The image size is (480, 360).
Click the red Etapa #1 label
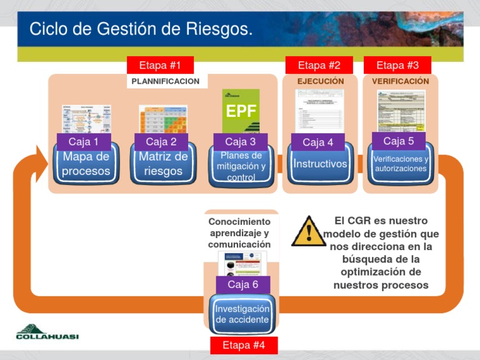(160, 65)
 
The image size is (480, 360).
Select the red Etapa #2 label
(319, 65)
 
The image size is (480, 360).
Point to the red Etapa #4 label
(244, 346)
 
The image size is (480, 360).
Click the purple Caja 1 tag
(84, 142)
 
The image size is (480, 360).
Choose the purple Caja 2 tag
(161, 142)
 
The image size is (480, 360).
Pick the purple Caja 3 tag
(241, 142)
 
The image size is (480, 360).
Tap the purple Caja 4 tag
(318, 142)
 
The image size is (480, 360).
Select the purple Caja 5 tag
(398, 141)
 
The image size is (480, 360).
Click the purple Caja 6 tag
(243, 284)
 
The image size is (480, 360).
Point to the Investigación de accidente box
(242, 314)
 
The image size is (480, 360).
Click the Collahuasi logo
(47, 332)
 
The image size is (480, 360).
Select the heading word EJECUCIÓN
(320, 81)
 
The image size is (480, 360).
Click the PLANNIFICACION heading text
(166, 81)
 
